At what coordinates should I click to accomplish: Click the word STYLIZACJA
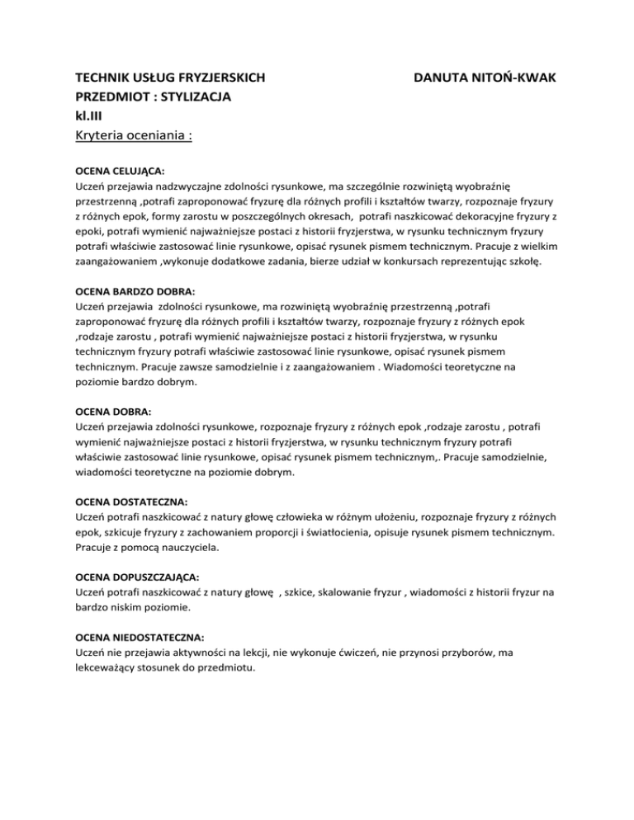pos(191,97)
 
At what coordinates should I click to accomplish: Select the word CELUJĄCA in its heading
pos(137,172)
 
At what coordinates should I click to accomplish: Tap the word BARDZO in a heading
pos(134,293)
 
